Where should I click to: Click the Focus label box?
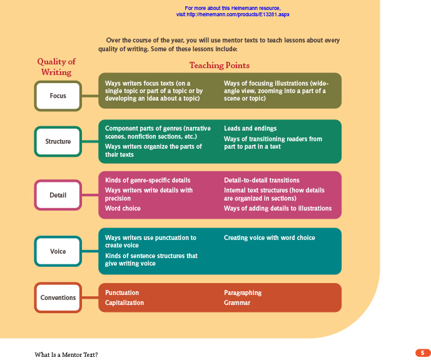click(58, 96)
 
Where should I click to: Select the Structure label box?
click(58, 142)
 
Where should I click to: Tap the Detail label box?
click(58, 196)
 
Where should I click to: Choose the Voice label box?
click(58, 251)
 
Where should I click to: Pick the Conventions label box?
click(58, 298)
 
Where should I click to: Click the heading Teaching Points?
click(219, 66)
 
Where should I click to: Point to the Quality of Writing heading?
click(56, 67)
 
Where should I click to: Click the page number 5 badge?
click(422, 353)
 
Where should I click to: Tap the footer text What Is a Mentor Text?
click(66, 354)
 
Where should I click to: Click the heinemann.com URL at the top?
click(233, 14)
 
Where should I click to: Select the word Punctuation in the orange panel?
click(122, 292)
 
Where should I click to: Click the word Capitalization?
click(124, 302)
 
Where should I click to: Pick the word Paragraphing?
click(243, 292)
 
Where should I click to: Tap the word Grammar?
click(237, 302)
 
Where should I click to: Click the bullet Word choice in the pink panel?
click(123, 208)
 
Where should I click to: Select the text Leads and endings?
click(250, 128)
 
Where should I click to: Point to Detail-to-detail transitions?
click(261, 181)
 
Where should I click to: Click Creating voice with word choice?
click(270, 237)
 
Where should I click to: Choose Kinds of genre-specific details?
click(148, 181)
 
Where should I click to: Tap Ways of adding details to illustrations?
click(278, 208)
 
